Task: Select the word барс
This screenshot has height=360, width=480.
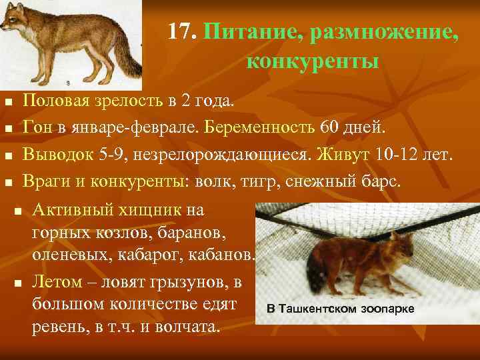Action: click(x=383, y=181)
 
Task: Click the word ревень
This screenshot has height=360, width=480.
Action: click(x=55, y=327)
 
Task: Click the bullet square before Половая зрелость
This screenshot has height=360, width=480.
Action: click(x=8, y=102)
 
